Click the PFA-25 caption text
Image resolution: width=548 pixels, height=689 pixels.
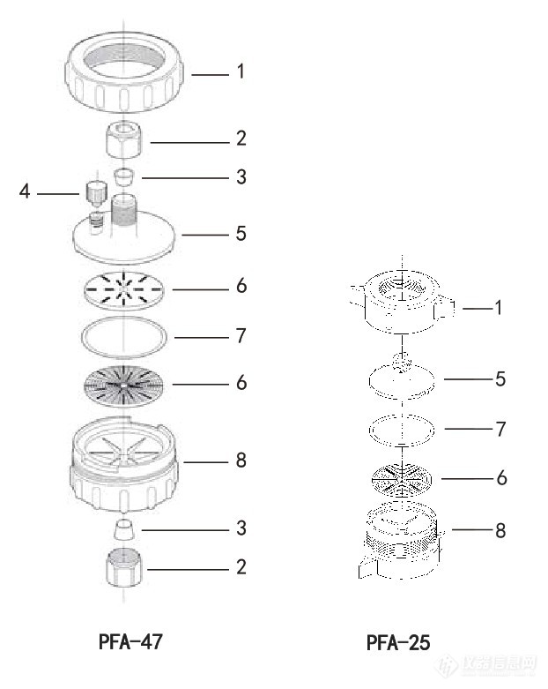[398, 642]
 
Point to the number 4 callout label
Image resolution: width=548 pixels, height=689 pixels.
[26, 191]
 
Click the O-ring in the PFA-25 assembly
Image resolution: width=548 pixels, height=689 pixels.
[402, 430]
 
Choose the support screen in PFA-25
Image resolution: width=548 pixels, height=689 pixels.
[402, 478]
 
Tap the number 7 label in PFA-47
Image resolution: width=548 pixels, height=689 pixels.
[241, 336]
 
